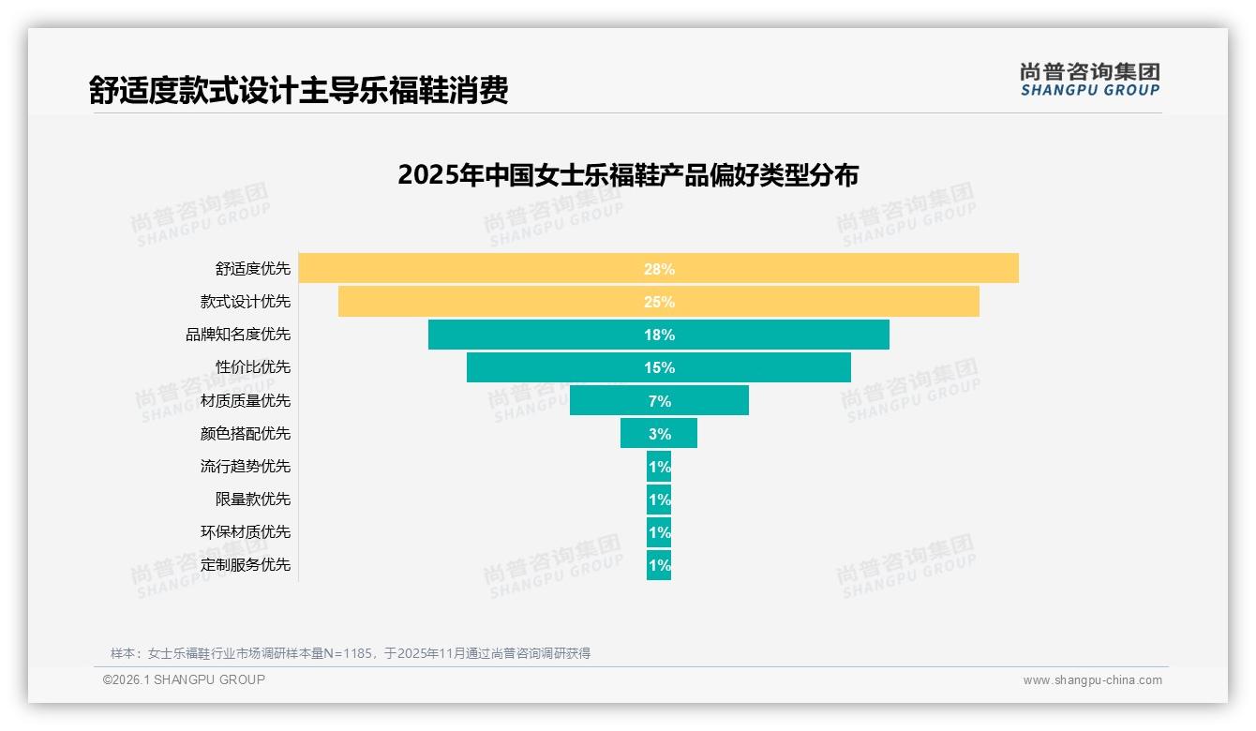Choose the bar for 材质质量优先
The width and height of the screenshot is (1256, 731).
[x=609, y=400]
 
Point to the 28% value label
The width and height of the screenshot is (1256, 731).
[x=659, y=269]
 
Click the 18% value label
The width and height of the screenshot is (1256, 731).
[x=659, y=335]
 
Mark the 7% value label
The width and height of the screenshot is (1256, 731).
[x=659, y=401]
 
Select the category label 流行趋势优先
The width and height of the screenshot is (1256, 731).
[x=246, y=466]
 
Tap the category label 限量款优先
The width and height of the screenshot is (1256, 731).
[x=253, y=499]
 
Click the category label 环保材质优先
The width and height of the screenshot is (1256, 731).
[x=246, y=531]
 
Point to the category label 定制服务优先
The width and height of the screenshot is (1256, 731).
[x=246, y=564]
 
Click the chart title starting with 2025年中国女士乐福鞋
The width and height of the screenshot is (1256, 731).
[x=628, y=175]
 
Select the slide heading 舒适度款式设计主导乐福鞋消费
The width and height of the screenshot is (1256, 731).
[x=299, y=90]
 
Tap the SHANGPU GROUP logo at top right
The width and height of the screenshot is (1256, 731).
[x=1090, y=80]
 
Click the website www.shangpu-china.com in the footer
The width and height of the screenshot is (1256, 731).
[x=1092, y=680]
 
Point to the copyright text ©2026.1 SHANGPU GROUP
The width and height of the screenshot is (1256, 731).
[x=184, y=679]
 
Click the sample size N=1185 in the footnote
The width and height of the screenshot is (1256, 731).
[x=348, y=653]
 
